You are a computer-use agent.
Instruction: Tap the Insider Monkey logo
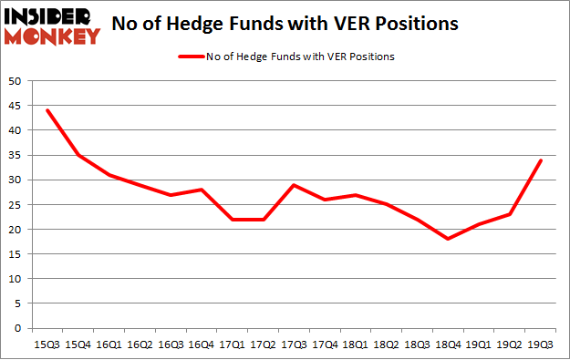tap(53, 26)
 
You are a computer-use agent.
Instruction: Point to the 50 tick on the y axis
tap(15, 81)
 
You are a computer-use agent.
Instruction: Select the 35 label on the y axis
tap(15, 155)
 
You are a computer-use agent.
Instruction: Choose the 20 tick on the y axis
tap(15, 230)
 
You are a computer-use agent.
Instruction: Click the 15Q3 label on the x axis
tap(47, 345)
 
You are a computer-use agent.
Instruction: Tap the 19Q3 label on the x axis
tap(541, 345)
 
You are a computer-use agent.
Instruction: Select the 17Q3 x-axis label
tap(295, 345)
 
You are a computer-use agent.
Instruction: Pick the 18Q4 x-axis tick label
tap(449, 345)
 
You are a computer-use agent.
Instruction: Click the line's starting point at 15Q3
tap(47, 110)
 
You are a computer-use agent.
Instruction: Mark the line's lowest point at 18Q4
tap(449, 239)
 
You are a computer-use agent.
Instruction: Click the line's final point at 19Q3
tap(541, 160)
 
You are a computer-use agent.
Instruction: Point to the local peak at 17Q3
tap(295, 185)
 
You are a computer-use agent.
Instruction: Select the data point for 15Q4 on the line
tap(78, 155)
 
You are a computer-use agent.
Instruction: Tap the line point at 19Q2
tap(510, 214)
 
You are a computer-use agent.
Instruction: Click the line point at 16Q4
tap(202, 190)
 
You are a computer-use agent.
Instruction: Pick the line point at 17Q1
tap(233, 220)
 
